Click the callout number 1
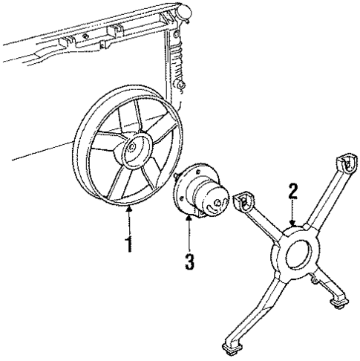128,243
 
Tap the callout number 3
189,261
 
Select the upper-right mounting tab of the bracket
347,164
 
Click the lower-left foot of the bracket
232,344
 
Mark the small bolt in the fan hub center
131,147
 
